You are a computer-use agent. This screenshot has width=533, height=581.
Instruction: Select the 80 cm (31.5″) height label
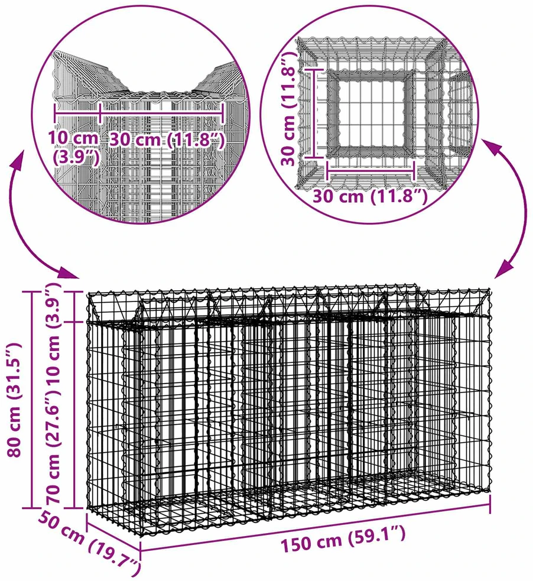click(14, 401)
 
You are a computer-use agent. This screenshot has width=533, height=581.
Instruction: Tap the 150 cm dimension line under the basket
click(316, 527)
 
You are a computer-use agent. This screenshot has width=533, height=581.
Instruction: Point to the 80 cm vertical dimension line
click(32, 400)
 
